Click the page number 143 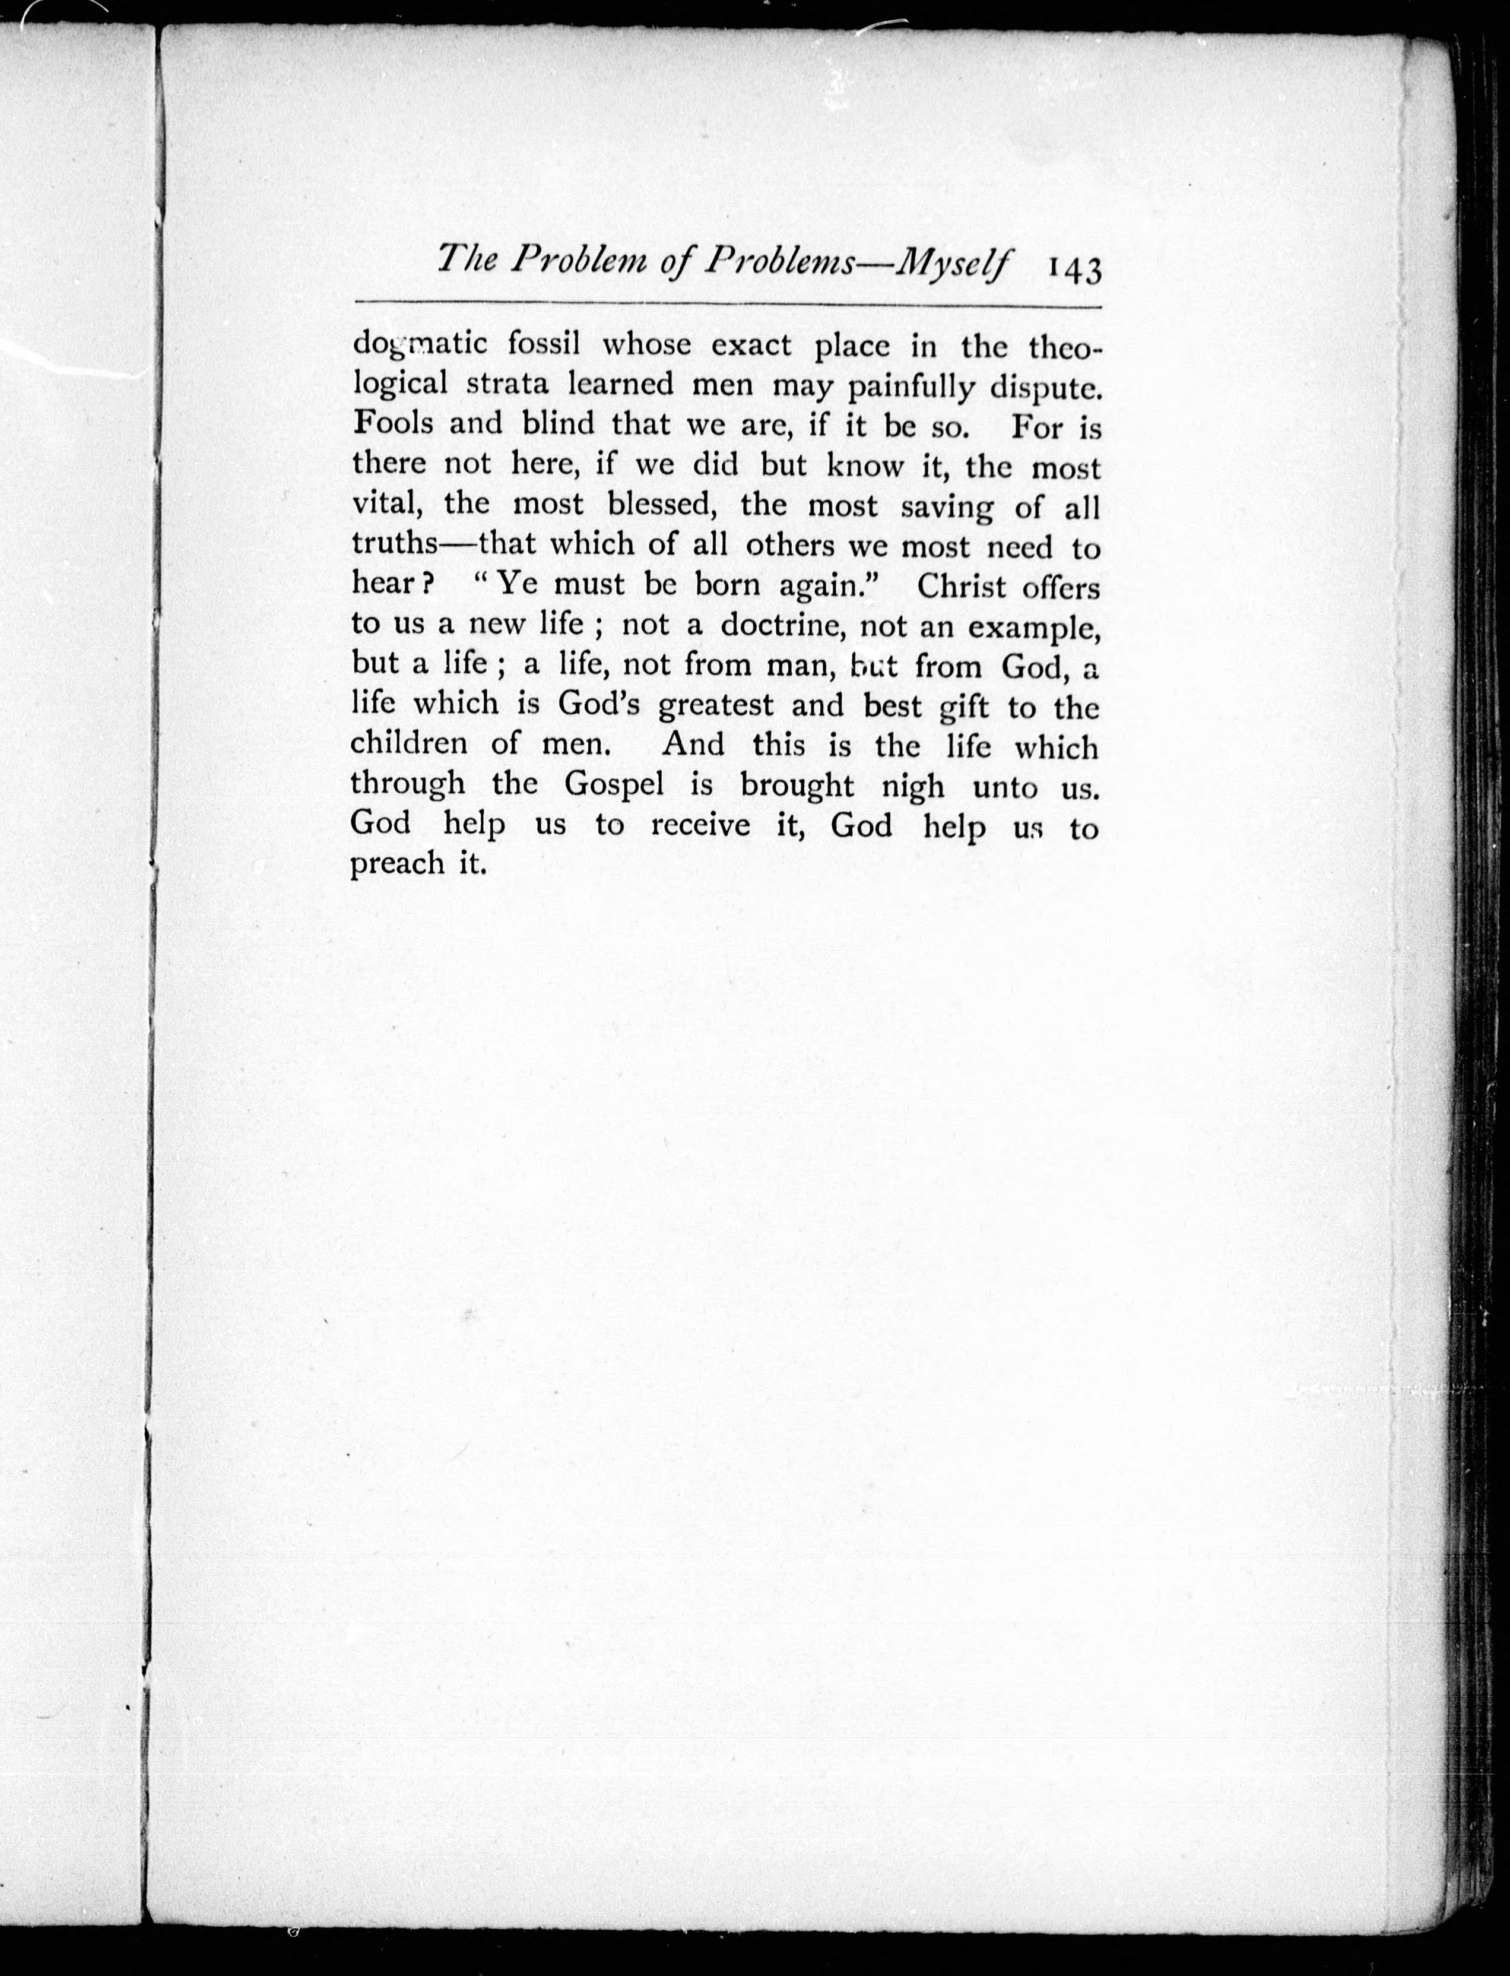point(1074,269)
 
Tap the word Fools point(392,423)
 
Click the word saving point(947,507)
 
